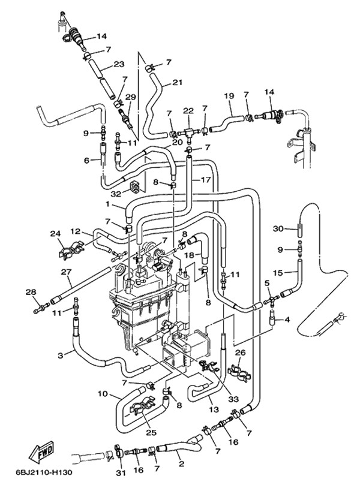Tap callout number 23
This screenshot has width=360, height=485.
[x=118, y=65]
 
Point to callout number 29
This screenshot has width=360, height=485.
[x=130, y=97]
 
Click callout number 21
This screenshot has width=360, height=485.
[x=177, y=82]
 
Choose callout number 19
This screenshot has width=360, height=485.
[x=229, y=96]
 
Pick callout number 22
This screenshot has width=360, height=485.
[x=188, y=110]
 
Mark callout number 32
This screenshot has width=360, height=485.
[x=116, y=193]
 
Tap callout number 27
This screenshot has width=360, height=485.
[x=66, y=272]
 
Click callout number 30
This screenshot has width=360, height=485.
[x=277, y=228]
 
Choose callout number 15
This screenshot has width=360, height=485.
[x=277, y=273]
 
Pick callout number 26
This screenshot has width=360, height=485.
[x=240, y=353]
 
